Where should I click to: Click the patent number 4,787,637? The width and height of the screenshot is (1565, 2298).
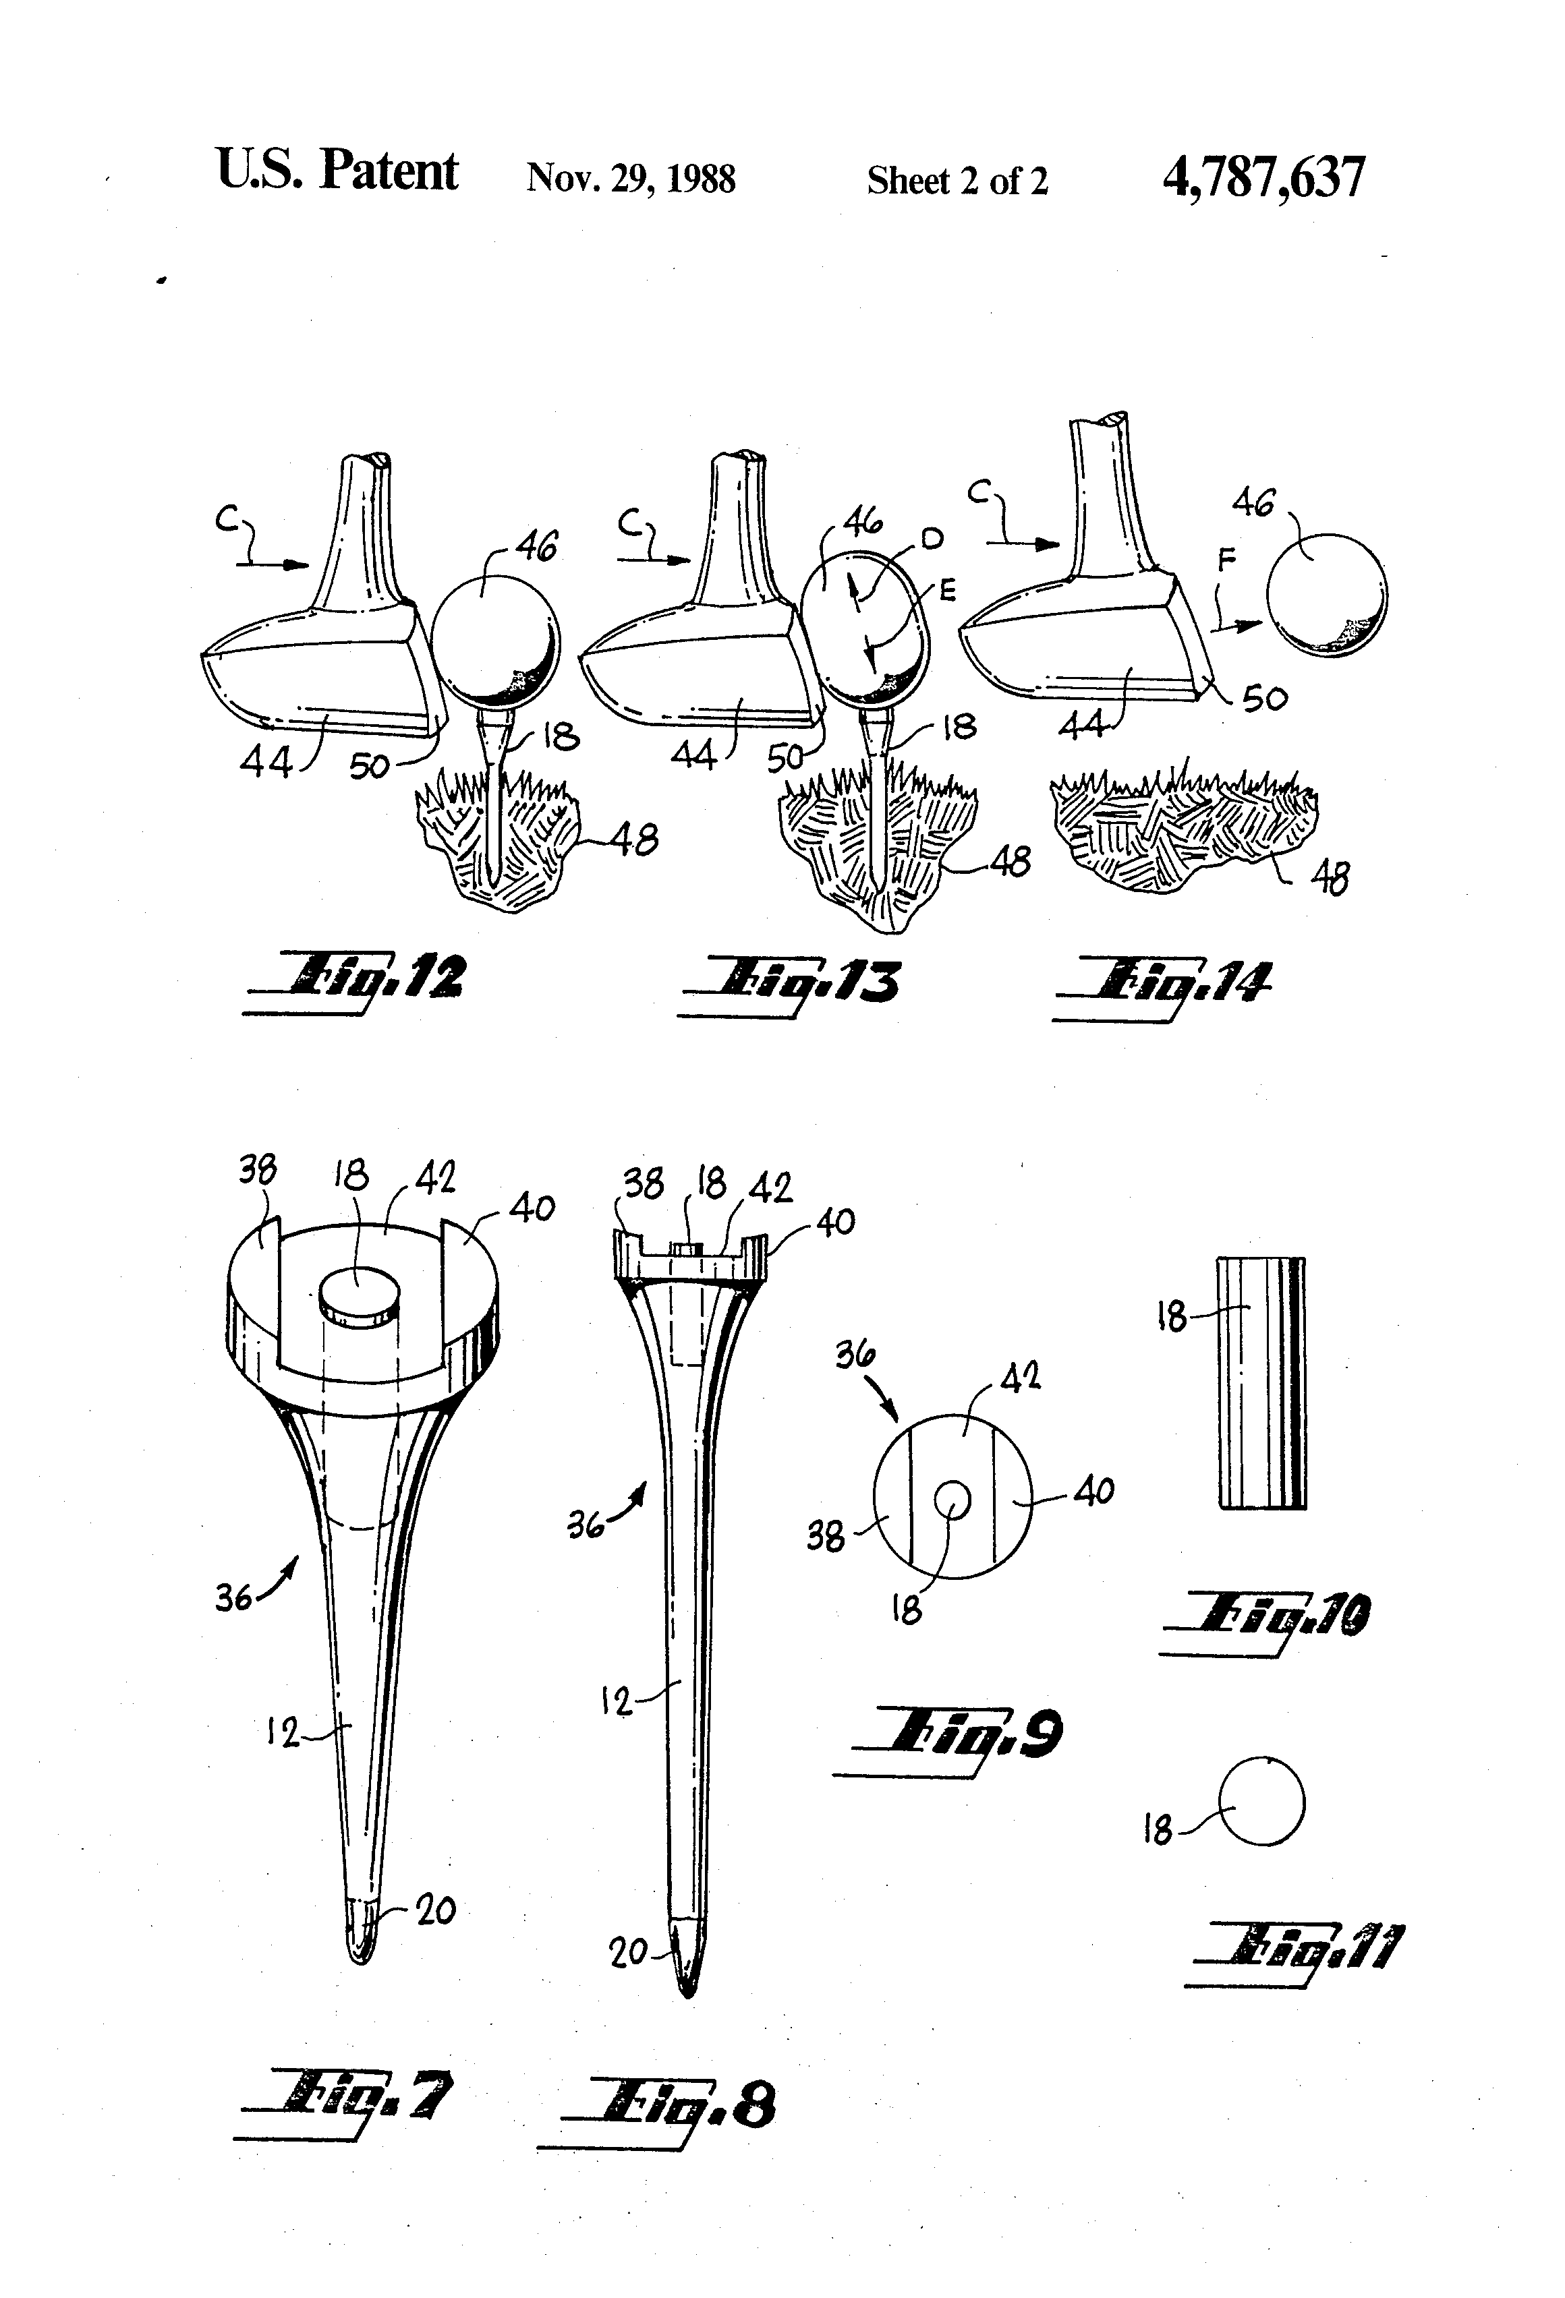click(x=1263, y=178)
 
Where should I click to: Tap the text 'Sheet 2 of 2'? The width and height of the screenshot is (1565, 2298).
click(x=957, y=181)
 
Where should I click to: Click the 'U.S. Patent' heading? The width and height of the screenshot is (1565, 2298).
click(x=337, y=171)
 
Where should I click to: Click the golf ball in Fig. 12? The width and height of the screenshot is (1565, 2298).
click(x=494, y=638)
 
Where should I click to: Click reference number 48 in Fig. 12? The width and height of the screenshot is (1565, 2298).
click(x=633, y=840)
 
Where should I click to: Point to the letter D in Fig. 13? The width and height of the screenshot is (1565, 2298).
click(x=932, y=538)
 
